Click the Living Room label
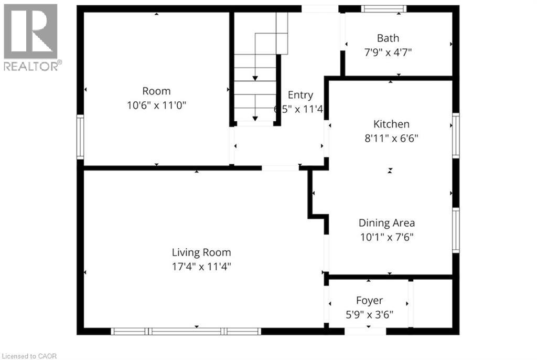201,252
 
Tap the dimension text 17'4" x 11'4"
201,266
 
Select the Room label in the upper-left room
156,91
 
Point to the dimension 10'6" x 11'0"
156,105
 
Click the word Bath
388,38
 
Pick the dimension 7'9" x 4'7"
388,52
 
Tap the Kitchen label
391,124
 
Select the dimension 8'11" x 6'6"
391,138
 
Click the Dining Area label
386,223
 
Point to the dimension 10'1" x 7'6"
386,237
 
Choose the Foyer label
369,301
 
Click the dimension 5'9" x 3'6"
369,314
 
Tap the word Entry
300,95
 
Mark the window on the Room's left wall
80,137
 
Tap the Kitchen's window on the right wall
456,136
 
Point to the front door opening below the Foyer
365,331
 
